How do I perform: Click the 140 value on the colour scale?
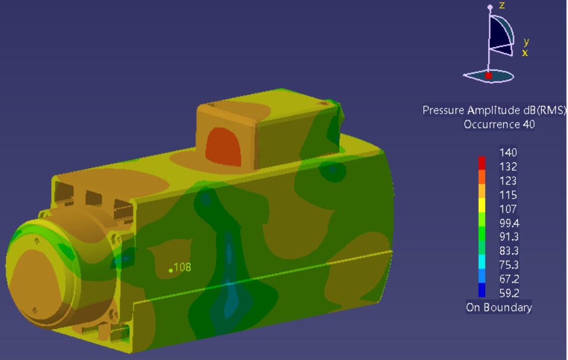(508, 152)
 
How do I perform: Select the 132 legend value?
(508, 167)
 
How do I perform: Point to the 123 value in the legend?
(508, 181)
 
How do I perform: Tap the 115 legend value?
(508, 195)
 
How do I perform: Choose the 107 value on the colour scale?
(508, 209)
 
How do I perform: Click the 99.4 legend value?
(509, 223)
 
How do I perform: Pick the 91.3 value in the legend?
(509, 237)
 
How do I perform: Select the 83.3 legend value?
(509, 251)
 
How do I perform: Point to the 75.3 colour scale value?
(509, 265)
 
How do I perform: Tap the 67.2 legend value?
(509, 279)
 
